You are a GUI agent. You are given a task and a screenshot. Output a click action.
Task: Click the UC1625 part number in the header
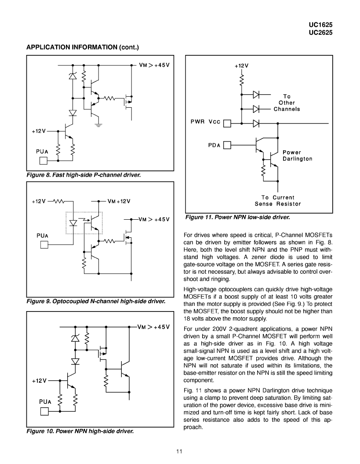point(320,25)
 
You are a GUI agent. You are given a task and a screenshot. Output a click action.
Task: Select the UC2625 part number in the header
point(320,33)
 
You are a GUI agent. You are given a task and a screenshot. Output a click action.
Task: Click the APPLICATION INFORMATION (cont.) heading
point(83,47)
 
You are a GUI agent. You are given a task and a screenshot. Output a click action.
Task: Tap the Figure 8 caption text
point(84,175)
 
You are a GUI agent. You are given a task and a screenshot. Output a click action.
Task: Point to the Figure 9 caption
point(96,301)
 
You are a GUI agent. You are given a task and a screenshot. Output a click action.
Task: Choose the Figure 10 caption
point(80,431)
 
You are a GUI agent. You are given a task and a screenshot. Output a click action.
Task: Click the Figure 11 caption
point(238,217)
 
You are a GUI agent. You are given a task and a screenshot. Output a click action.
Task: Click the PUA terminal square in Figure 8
point(44,161)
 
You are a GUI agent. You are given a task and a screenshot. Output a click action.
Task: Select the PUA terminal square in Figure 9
point(44,245)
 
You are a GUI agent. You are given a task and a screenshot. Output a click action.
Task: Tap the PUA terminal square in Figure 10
point(44,411)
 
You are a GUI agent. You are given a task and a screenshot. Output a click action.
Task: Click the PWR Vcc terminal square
point(227,123)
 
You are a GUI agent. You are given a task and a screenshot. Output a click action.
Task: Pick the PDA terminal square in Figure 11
point(227,145)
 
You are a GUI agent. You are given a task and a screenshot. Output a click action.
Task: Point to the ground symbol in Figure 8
point(98,125)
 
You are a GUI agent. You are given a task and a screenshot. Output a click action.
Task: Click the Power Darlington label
point(297,156)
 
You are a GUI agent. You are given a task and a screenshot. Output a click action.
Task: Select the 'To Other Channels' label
point(287,103)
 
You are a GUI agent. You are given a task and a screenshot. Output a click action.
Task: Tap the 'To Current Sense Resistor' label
point(278,201)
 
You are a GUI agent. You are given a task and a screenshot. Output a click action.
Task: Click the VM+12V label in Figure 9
point(119,201)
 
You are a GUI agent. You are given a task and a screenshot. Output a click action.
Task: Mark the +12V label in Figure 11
point(242,66)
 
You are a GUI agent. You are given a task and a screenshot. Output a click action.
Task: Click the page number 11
point(179,451)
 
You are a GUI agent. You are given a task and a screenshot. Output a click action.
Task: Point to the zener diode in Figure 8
point(73,76)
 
